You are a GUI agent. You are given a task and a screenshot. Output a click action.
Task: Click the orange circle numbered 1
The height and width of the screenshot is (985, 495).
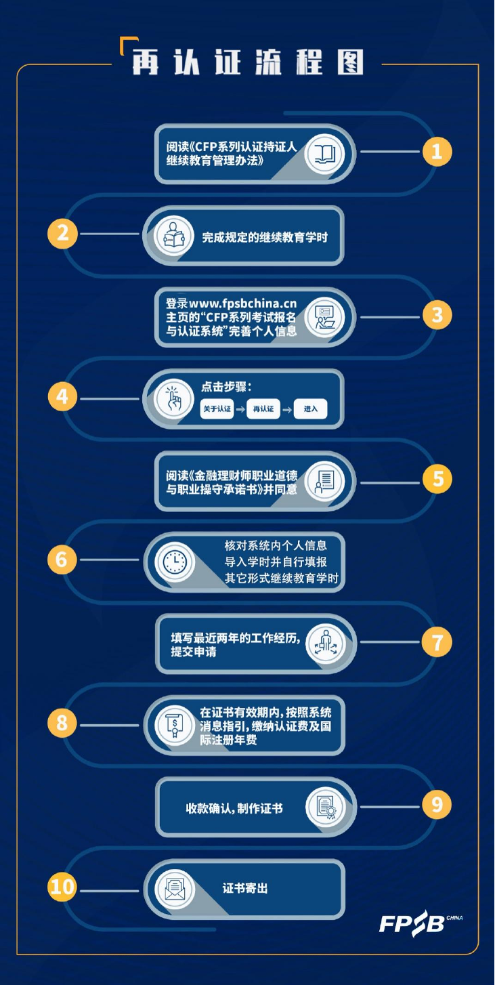click(x=437, y=152)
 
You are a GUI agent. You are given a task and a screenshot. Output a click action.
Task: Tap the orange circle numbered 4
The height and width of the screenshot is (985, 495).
click(x=62, y=396)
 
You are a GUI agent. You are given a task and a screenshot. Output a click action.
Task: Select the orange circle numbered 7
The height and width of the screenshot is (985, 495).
click(x=437, y=642)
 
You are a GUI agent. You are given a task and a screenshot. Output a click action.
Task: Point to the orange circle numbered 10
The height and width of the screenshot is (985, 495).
click(x=62, y=887)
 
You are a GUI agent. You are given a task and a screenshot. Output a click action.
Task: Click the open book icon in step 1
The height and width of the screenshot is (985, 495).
click(x=325, y=154)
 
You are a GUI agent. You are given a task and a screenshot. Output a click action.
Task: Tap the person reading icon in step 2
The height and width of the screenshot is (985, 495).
click(x=174, y=236)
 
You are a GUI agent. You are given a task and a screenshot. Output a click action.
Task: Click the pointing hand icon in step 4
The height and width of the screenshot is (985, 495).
click(x=174, y=399)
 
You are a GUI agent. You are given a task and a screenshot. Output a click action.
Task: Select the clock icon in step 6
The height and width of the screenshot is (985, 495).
click(x=175, y=562)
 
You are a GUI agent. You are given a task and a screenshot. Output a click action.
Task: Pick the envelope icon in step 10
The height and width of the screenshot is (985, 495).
click(x=175, y=889)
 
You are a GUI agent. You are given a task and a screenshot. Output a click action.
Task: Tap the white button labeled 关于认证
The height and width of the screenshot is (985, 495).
click(x=217, y=409)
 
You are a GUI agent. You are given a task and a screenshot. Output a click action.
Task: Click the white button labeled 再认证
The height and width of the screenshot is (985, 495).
click(x=263, y=409)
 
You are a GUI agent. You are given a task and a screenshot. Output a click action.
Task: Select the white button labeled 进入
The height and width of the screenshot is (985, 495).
click(x=310, y=409)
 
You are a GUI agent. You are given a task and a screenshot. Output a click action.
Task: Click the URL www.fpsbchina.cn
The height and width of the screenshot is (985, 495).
click(x=243, y=303)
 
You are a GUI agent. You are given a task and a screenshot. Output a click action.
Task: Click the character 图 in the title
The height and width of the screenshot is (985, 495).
click(x=350, y=62)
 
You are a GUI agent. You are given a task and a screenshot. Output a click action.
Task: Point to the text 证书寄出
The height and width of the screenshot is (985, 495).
click(x=245, y=888)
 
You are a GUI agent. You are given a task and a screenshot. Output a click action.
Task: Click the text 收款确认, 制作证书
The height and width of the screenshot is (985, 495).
click(x=234, y=808)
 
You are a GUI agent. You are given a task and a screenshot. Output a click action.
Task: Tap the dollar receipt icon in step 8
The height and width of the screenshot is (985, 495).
click(x=175, y=725)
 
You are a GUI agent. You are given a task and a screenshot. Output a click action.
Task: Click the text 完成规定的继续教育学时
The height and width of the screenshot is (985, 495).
click(x=265, y=238)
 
